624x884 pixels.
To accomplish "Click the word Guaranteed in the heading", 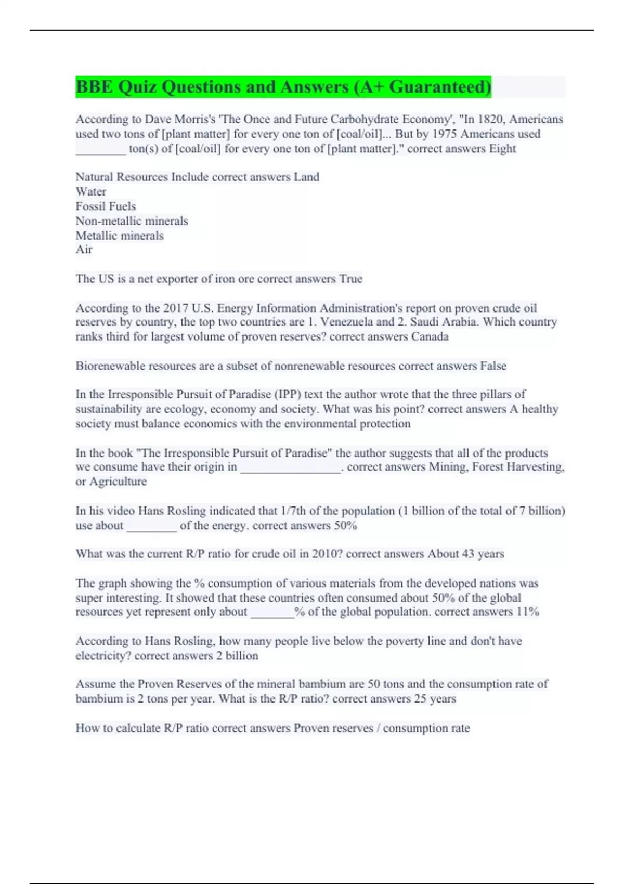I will pos(439,87).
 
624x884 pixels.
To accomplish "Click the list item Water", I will pos(91,191).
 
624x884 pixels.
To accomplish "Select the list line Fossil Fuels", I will pos(106,206).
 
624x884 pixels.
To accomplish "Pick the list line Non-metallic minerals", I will pos(132,220).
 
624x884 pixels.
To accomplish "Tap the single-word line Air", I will pos(84,250).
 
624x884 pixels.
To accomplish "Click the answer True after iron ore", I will pos(350,279).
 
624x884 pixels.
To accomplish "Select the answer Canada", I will pos(430,336).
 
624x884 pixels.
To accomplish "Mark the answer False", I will pos(493,366).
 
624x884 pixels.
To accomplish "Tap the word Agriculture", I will pos(118,482).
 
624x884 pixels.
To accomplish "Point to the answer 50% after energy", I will pos(345,525).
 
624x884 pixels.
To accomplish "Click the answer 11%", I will pos(527,612).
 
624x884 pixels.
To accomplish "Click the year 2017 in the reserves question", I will pos(176,308).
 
